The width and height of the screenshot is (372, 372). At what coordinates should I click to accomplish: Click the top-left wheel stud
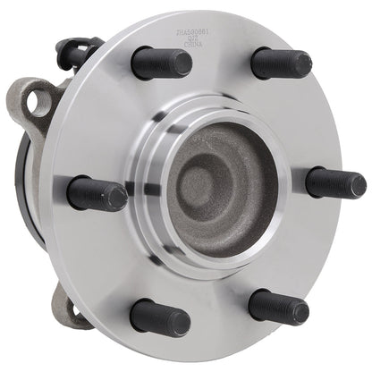(x=161, y=62)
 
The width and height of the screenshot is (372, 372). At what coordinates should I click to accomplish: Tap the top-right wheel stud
(x=281, y=63)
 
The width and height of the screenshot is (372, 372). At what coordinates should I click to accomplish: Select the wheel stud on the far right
(x=335, y=182)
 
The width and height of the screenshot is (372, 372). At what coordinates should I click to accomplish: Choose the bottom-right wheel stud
(x=278, y=307)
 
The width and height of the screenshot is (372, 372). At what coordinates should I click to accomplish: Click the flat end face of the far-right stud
(x=355, y=182)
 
